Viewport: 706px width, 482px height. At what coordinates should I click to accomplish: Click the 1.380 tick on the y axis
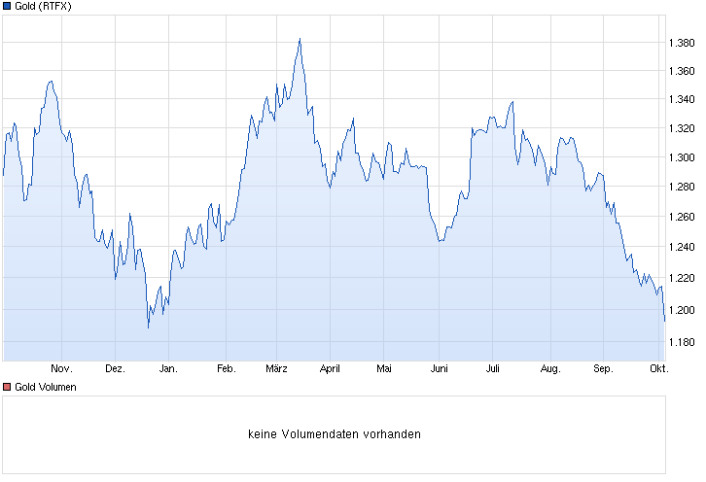click(x=680, y=44)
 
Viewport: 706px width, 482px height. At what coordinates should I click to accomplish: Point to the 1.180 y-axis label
click(x=680, y=342)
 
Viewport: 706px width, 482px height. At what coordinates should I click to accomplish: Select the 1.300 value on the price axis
click(x=680, y=157)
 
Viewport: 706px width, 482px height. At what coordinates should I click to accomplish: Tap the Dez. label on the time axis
click(x=115, y=369)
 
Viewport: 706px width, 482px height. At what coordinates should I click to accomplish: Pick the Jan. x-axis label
click(x=168, y=369)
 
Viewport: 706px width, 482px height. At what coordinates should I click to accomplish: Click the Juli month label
click(x=492, y=369)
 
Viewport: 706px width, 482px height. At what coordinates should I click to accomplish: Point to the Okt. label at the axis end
click(x=658, y=369)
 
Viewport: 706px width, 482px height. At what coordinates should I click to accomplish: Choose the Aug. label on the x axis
click(x=549, y=369)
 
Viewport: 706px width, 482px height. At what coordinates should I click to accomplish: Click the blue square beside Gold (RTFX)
click(x=8, y=7)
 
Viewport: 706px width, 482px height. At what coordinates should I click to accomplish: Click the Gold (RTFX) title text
click(x=43, y=7)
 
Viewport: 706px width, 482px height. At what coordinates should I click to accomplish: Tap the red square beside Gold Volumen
click(x=8, y=387)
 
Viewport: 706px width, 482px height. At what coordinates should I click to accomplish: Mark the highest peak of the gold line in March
click(x=300, y=39)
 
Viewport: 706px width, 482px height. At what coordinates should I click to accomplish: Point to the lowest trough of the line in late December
click(x=148, y=327)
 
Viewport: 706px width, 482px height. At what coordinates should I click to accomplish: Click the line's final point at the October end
click(x=664, y=320)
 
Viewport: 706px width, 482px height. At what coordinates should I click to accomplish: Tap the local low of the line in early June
click(x=440, y=241)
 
